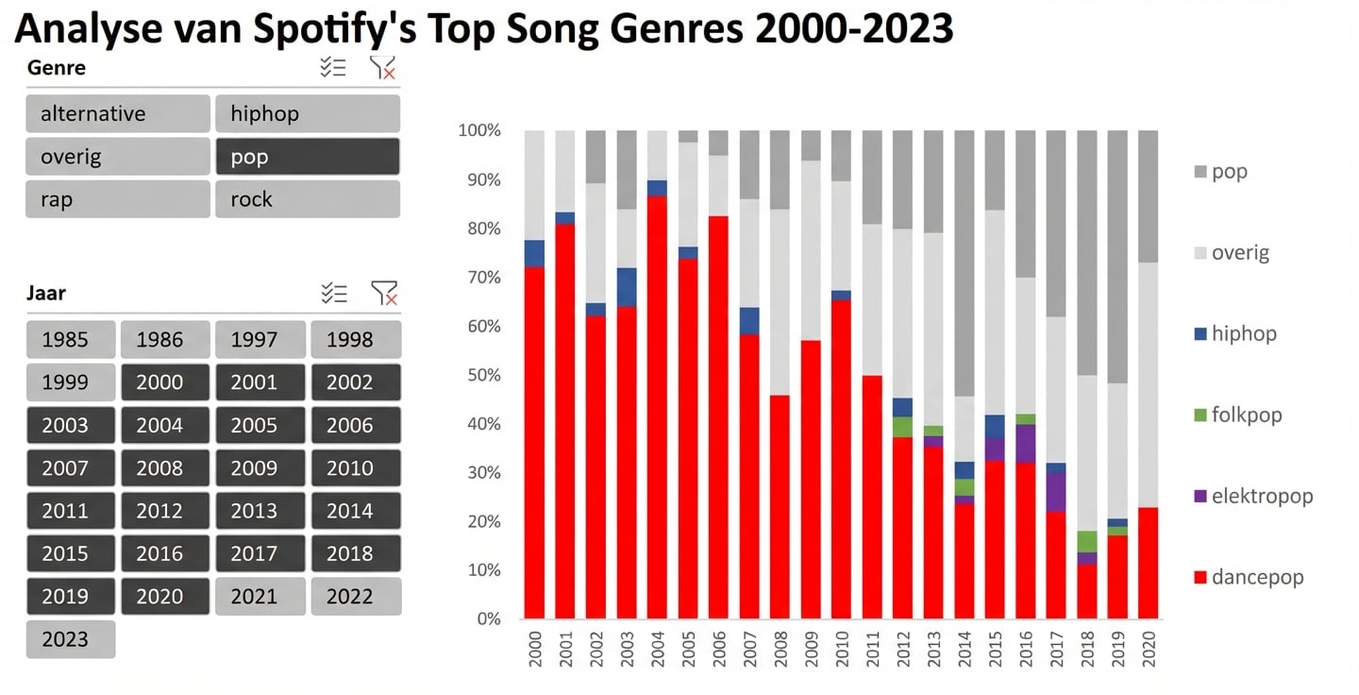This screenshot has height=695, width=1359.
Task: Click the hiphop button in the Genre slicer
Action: [307, 114]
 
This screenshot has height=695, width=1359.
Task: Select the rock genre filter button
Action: [307, 199]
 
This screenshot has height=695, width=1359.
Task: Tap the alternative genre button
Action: [118, 114]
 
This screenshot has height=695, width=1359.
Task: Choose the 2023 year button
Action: [71, 639]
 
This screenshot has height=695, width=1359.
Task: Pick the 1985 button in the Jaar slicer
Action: [71, 340]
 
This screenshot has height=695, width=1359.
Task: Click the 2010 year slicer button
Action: [355, 468]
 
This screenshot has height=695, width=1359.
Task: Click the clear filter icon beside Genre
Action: [382, 67]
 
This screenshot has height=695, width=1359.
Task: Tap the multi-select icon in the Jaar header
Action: [334, 293]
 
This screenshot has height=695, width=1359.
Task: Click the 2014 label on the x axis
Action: [964, 649]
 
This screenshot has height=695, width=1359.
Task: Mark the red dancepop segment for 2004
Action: [658, 406]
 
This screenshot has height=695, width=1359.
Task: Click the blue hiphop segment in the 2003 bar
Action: [627, 287]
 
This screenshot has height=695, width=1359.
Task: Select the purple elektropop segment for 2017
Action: [1055, 492]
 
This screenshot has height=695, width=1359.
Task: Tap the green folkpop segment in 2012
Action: [902, 427]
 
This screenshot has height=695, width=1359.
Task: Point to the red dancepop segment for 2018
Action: [1086, 591]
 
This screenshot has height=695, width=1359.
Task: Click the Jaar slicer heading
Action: [46, 293]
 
